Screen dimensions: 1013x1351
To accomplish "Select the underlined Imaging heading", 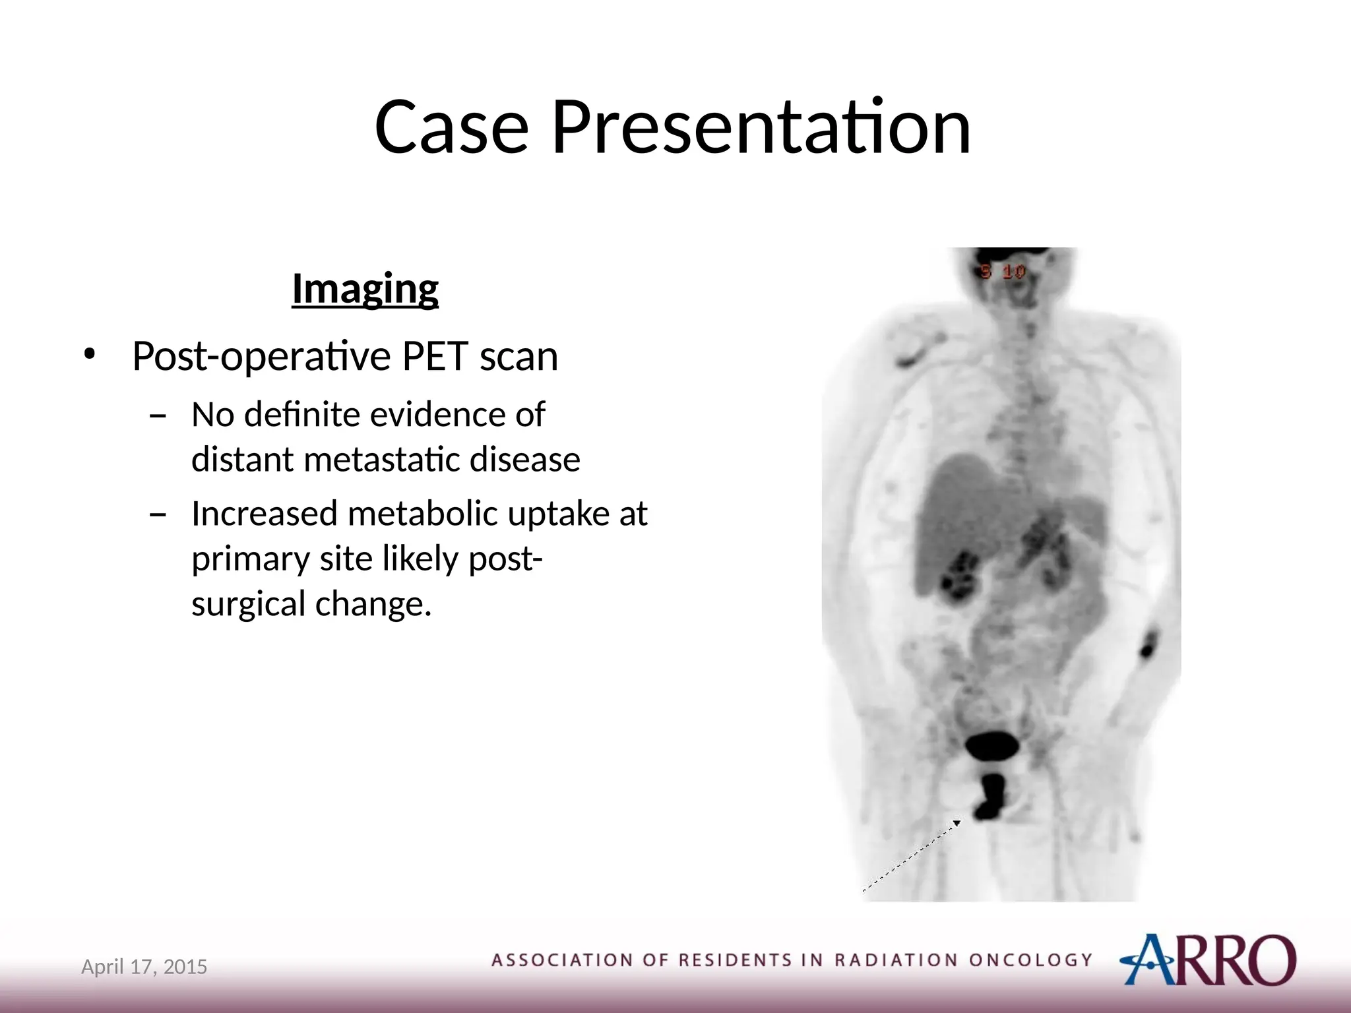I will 365,289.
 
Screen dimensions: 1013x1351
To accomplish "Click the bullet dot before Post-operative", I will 89,355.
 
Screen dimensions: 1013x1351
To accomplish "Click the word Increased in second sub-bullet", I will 265,514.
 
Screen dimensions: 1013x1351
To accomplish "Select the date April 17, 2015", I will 144,967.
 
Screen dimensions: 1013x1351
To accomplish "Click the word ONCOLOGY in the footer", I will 1030,960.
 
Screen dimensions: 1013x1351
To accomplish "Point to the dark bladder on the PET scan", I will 991,747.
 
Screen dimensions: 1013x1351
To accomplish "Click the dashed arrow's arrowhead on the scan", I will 957,822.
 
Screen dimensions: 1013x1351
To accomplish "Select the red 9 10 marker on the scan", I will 1003,272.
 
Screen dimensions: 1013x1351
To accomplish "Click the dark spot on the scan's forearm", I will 1148,644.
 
